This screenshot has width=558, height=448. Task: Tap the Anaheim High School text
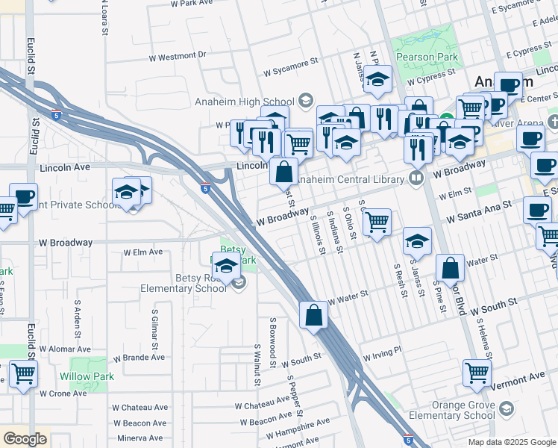254,102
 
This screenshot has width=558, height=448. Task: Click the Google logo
25,439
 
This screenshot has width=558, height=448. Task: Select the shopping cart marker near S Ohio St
377,222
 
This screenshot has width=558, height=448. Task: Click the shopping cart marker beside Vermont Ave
477,372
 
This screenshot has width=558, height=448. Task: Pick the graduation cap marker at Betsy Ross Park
226,265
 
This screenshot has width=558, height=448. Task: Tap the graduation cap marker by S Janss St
417,240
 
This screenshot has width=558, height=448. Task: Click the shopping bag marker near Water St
451,267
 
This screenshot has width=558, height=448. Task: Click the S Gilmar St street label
154,330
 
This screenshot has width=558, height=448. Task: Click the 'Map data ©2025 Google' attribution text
511,442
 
